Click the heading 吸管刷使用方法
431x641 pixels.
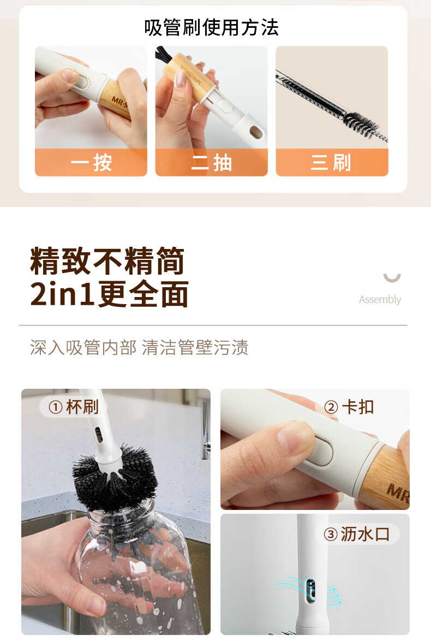[211, 27]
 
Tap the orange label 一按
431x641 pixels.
[91, 162]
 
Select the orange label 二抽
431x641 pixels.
[212, 162]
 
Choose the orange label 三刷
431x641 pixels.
[332, 162]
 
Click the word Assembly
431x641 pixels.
[380, 299]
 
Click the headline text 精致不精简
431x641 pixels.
[107, 261]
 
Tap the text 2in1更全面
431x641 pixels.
[110, 294]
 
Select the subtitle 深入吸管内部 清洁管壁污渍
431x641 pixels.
[139, 347]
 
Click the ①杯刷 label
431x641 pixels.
[74, 407]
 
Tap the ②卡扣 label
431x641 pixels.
[349, 407]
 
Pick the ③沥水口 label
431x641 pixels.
[357, 534]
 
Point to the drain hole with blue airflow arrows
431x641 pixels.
[310, 590]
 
